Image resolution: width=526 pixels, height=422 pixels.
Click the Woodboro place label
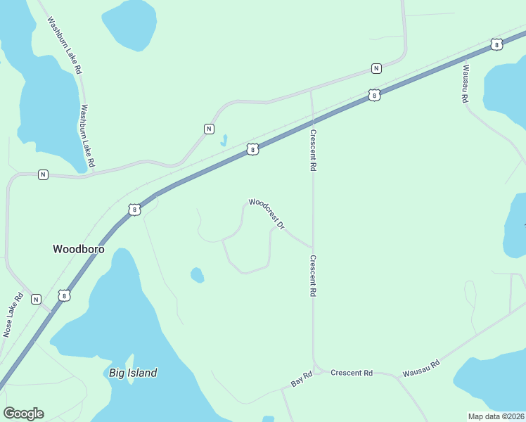78,248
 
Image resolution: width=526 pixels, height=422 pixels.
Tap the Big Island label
133,373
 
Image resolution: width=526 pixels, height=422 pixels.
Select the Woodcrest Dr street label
267,213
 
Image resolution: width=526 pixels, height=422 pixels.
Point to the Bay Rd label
300,381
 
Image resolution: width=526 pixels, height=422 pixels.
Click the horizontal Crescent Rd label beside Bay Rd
352,373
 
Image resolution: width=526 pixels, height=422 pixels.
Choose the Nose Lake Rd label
13,314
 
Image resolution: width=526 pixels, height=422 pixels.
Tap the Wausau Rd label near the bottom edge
421,368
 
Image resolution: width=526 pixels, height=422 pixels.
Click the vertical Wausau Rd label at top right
465,84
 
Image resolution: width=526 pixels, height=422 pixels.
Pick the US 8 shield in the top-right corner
497,44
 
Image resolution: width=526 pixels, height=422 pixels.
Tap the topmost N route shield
377,68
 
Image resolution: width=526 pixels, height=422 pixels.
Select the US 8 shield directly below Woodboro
64,296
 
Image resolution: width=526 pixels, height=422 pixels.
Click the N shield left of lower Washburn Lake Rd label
43,174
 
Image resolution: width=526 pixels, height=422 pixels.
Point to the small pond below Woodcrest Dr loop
197,274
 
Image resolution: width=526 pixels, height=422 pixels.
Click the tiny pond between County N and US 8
224,140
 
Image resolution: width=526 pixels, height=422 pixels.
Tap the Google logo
23,414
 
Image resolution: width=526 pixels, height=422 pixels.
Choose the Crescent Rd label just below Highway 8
314,150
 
